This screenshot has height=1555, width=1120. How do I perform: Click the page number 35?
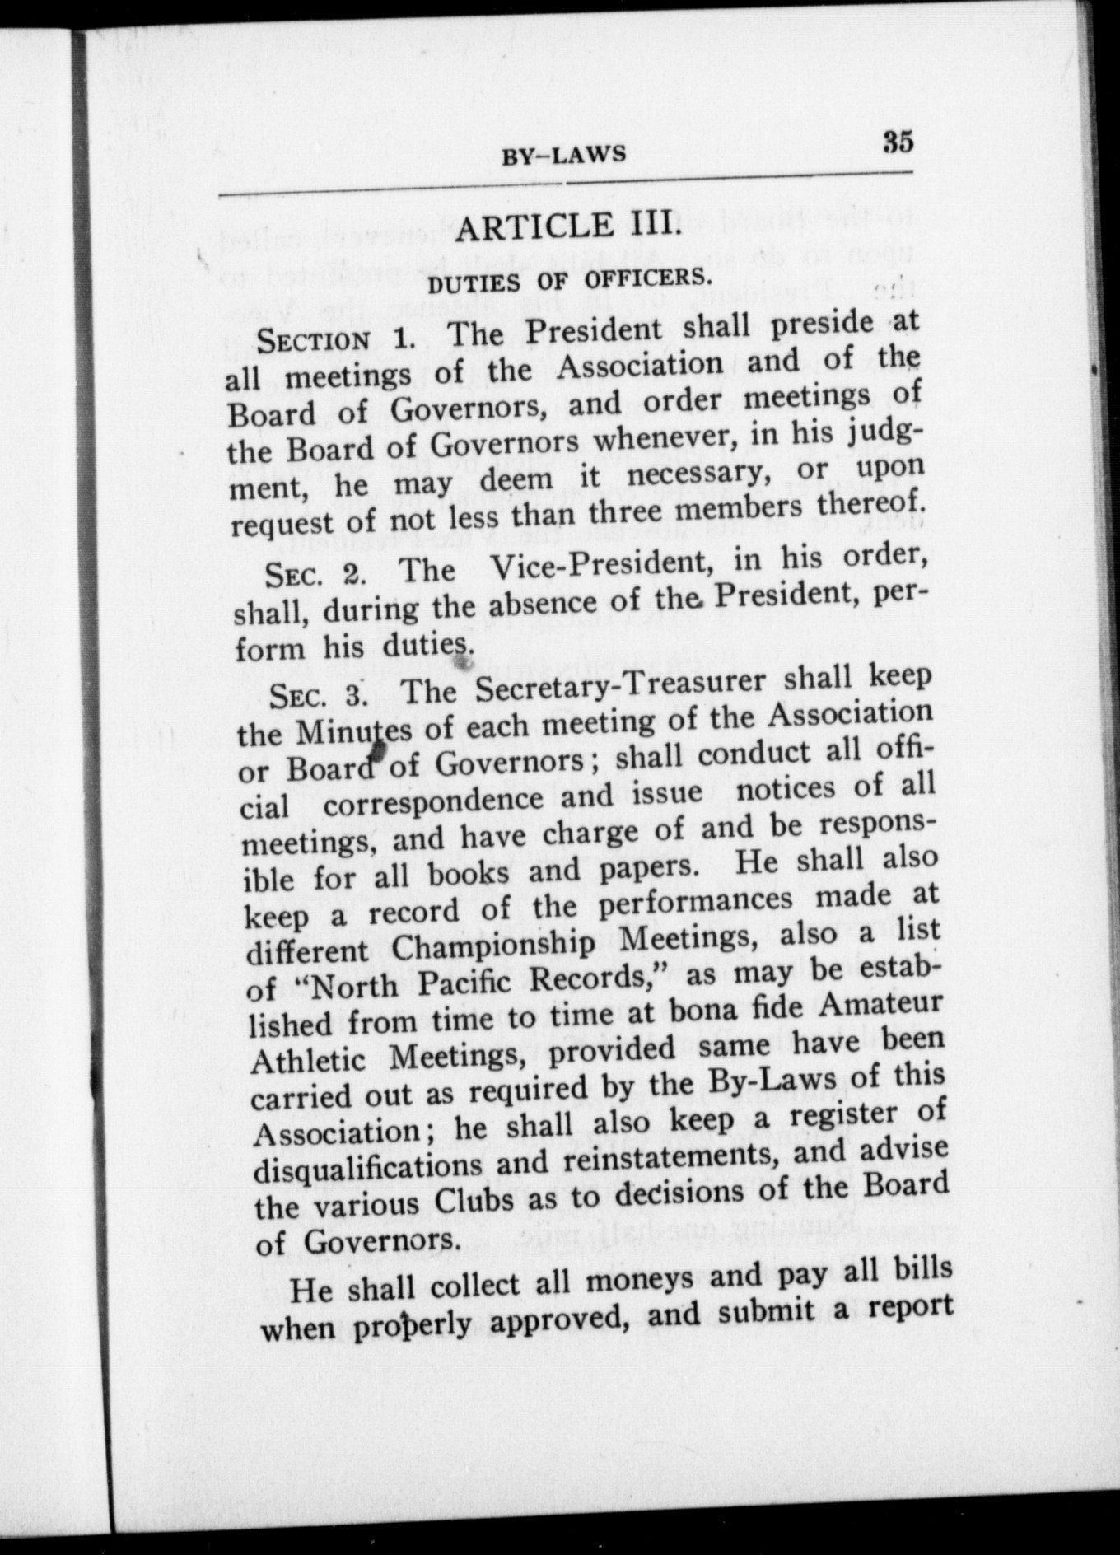pos(898,142)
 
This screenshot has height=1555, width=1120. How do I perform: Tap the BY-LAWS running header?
pos(564,155)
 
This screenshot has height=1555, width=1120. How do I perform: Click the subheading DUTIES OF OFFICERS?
pos(568,281)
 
